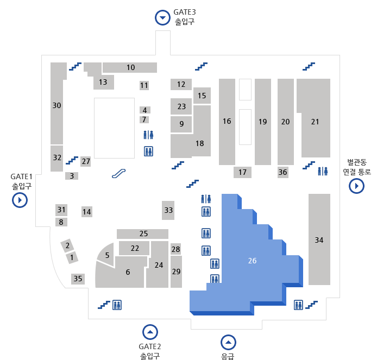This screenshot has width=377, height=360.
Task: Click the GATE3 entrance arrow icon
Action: (x=162, y=17)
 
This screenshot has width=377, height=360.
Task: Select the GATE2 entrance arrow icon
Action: (x=150, y=331)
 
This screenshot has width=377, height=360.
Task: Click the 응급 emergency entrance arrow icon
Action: (x=228, y=342)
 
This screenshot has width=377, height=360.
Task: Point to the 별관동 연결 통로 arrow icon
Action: (x=356, y=186)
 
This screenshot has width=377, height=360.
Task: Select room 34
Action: (x=319, y=239)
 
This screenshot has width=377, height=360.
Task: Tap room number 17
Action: (x=242, y=172)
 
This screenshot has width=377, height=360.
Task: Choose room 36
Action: (x=282, y=172)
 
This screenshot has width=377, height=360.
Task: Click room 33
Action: (x=168, y=210)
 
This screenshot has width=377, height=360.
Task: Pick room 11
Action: (x=144, y=85)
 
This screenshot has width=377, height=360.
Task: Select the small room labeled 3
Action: (x=72, y=176)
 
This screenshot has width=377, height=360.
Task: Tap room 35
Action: (x=78, y=279)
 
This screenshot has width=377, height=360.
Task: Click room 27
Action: (x=86, y=161)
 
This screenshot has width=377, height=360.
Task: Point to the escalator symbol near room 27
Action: (x=119, y=173)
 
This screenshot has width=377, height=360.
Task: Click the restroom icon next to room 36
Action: (x=323, y=171)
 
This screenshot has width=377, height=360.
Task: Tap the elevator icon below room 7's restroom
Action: (x=148, y=151)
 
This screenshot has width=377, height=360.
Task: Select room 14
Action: (x=87, y=212)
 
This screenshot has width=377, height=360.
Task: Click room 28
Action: (x=175, y=249)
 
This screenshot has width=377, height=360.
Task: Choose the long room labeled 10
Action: (x=130, y=67)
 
